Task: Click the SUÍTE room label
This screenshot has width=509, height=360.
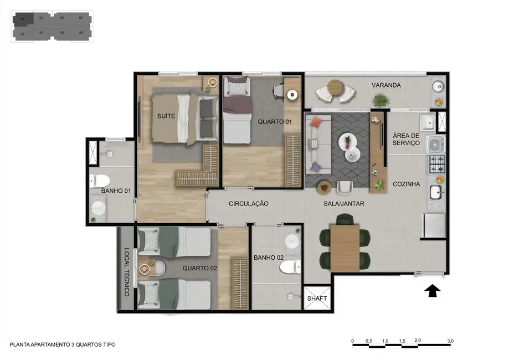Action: coord(166,116)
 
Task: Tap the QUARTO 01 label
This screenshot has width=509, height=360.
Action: coord(271,122)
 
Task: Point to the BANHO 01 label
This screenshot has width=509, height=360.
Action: coord(116,191)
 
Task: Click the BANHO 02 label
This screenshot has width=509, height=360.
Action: coord(269,258)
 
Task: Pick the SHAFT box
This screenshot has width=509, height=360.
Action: coord(317,299)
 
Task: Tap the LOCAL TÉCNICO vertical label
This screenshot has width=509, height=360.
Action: coord(126,272)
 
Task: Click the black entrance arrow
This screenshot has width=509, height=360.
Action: coord(432,290)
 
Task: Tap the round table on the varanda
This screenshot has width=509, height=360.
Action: coord(336,87)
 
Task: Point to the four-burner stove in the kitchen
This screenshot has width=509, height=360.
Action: coord(437,163)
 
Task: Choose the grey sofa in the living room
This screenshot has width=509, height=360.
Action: coord(317,145)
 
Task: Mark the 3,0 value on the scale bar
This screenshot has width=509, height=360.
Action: coord(450,341)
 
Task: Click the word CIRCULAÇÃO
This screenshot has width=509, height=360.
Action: coord(249,204)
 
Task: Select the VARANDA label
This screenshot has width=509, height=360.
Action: coord(386,85)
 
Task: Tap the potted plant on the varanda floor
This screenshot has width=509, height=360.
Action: coord(381,100)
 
